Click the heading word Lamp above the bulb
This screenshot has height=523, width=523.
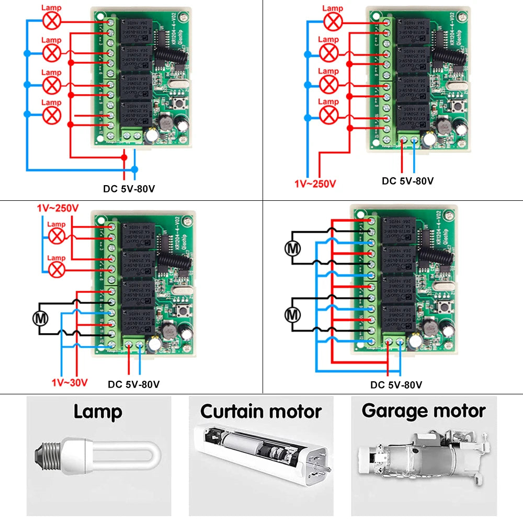coord(98,412)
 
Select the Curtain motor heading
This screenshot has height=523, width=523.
coord(260,411)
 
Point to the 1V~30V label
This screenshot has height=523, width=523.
coord(70,383)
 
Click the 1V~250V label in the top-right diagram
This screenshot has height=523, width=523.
coord(315,183)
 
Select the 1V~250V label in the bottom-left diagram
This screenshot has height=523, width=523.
coord(58,208)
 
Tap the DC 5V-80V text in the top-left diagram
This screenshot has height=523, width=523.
coord(129,188)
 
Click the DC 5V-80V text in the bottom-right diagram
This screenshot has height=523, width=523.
coord(396,385)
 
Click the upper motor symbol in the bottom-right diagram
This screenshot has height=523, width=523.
coord(292,248)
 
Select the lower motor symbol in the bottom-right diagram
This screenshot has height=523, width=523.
coord(292,314)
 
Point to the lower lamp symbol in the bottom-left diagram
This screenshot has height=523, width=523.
coord(56,269)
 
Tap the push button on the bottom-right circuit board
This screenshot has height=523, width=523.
coord(446,308)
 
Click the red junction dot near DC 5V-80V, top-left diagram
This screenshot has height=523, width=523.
coord(124,156)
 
